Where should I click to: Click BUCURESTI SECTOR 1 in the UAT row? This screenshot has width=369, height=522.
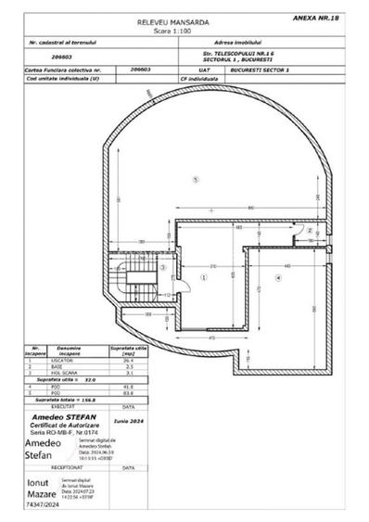pos(269,70)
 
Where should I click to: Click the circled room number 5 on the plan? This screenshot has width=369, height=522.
pos(196,177)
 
